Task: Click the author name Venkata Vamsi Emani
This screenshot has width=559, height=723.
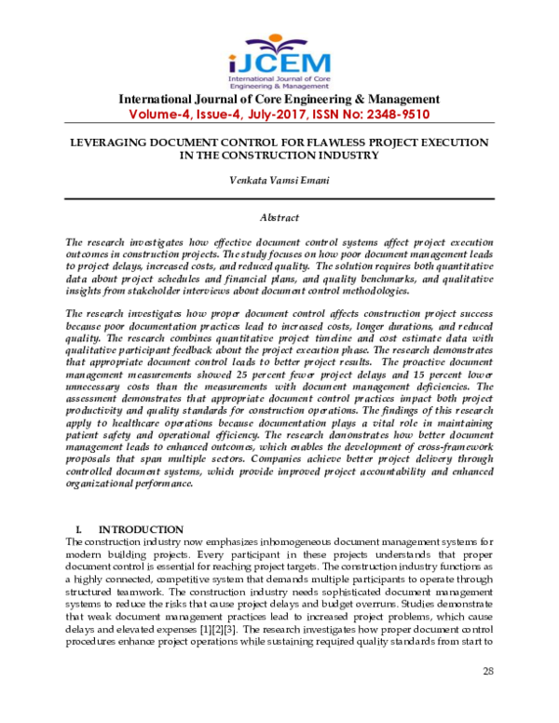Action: tap(279, 183)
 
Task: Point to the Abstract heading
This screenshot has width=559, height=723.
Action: tap(279, 217)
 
